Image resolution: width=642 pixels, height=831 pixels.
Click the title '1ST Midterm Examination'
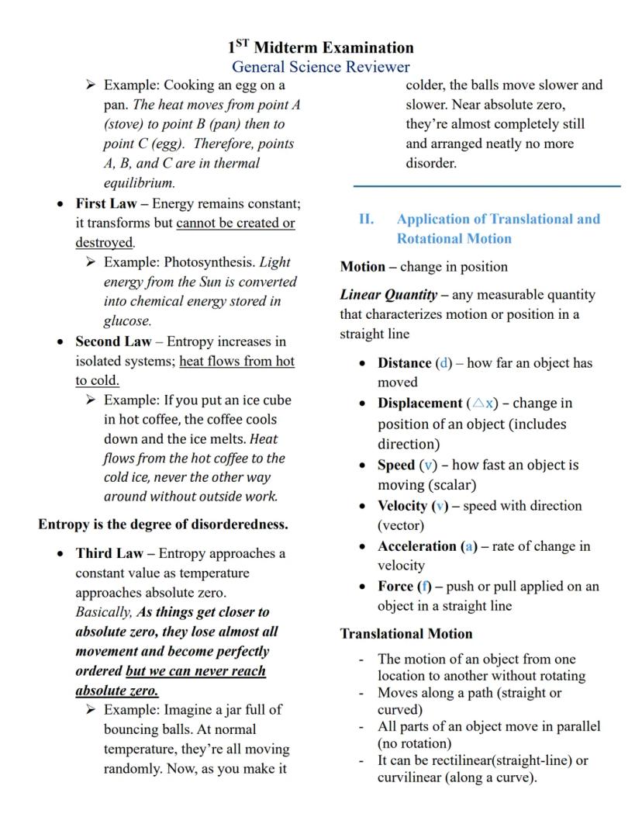coord(320,47)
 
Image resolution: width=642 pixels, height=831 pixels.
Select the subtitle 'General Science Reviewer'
coord(320,67)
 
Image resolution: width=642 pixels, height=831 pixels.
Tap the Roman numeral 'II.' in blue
coord(366,219)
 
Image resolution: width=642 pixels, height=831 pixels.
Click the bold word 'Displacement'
coord(419,403)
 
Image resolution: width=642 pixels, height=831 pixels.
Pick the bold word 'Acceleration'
coord(417,545)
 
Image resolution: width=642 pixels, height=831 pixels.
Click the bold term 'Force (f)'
coord(404,586)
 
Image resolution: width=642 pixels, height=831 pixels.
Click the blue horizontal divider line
coord(487,185)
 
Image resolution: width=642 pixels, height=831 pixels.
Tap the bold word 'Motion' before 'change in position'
coord(362,266)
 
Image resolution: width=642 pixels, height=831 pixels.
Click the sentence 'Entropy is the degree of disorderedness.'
coord(163,524)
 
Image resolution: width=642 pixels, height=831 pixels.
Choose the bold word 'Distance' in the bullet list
coord(404,362)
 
